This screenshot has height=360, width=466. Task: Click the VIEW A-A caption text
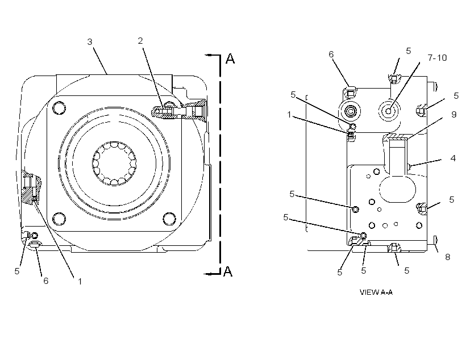pos(376,292)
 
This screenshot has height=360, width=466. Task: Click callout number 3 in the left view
pos(90,42)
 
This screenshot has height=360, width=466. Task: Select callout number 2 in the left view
pos(140,41)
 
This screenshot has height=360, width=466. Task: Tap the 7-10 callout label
pos(437,57)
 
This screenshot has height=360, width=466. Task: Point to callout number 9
pos(454,114)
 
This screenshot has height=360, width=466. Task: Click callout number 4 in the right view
pos(453,158)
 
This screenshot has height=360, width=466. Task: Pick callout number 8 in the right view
pos(448,257)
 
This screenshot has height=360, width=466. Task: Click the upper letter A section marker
pos(230,58)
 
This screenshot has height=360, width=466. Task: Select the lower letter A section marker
pos(228,271)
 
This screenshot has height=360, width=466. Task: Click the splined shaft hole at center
pos(114,163)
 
